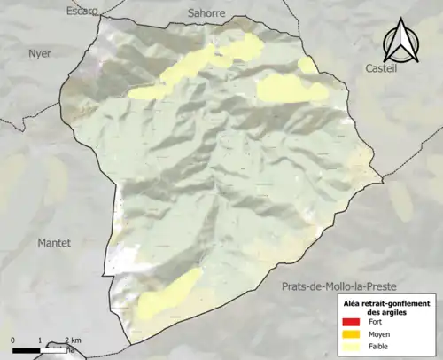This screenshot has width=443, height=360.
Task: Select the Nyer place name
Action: (40, 53)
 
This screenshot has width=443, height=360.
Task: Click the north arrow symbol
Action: (400, 41)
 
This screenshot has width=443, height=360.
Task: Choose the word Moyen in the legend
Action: (379, 336)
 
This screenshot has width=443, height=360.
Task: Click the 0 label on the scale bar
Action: (13, 340)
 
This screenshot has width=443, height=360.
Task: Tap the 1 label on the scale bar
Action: (40, 340)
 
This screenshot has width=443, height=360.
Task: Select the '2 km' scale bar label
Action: (73, 340)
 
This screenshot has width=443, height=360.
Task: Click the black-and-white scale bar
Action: (40, 350)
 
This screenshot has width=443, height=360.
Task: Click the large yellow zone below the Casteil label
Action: (289, 88)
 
